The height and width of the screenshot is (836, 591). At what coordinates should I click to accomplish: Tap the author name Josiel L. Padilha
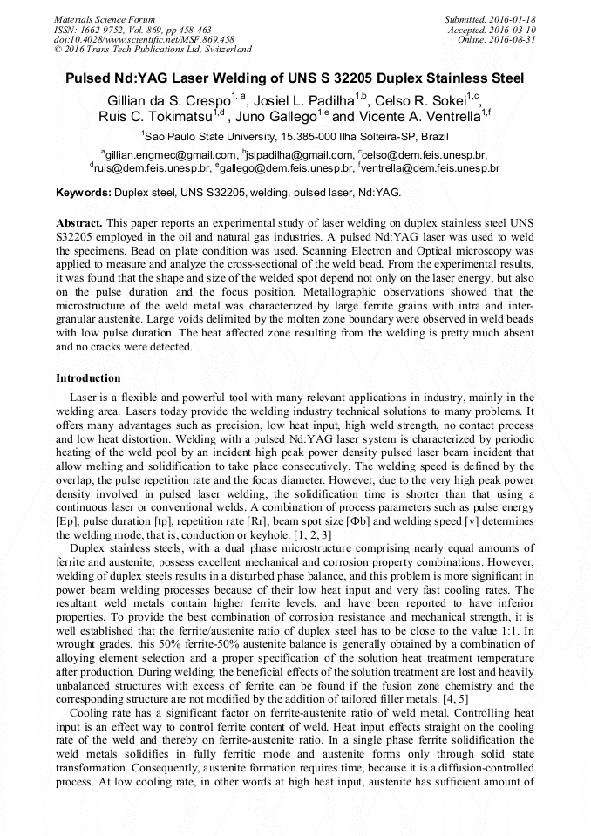[x=302, y=98]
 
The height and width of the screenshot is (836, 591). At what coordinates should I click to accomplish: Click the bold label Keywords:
[x=84, y=191]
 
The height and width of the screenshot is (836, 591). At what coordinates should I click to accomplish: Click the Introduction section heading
[x=88, y=378]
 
